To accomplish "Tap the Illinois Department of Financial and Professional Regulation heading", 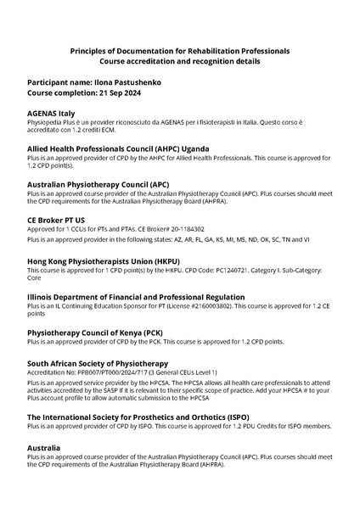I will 136,297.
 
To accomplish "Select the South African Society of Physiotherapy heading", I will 98,363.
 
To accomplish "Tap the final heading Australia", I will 44,447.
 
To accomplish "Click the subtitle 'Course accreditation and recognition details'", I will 180,62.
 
